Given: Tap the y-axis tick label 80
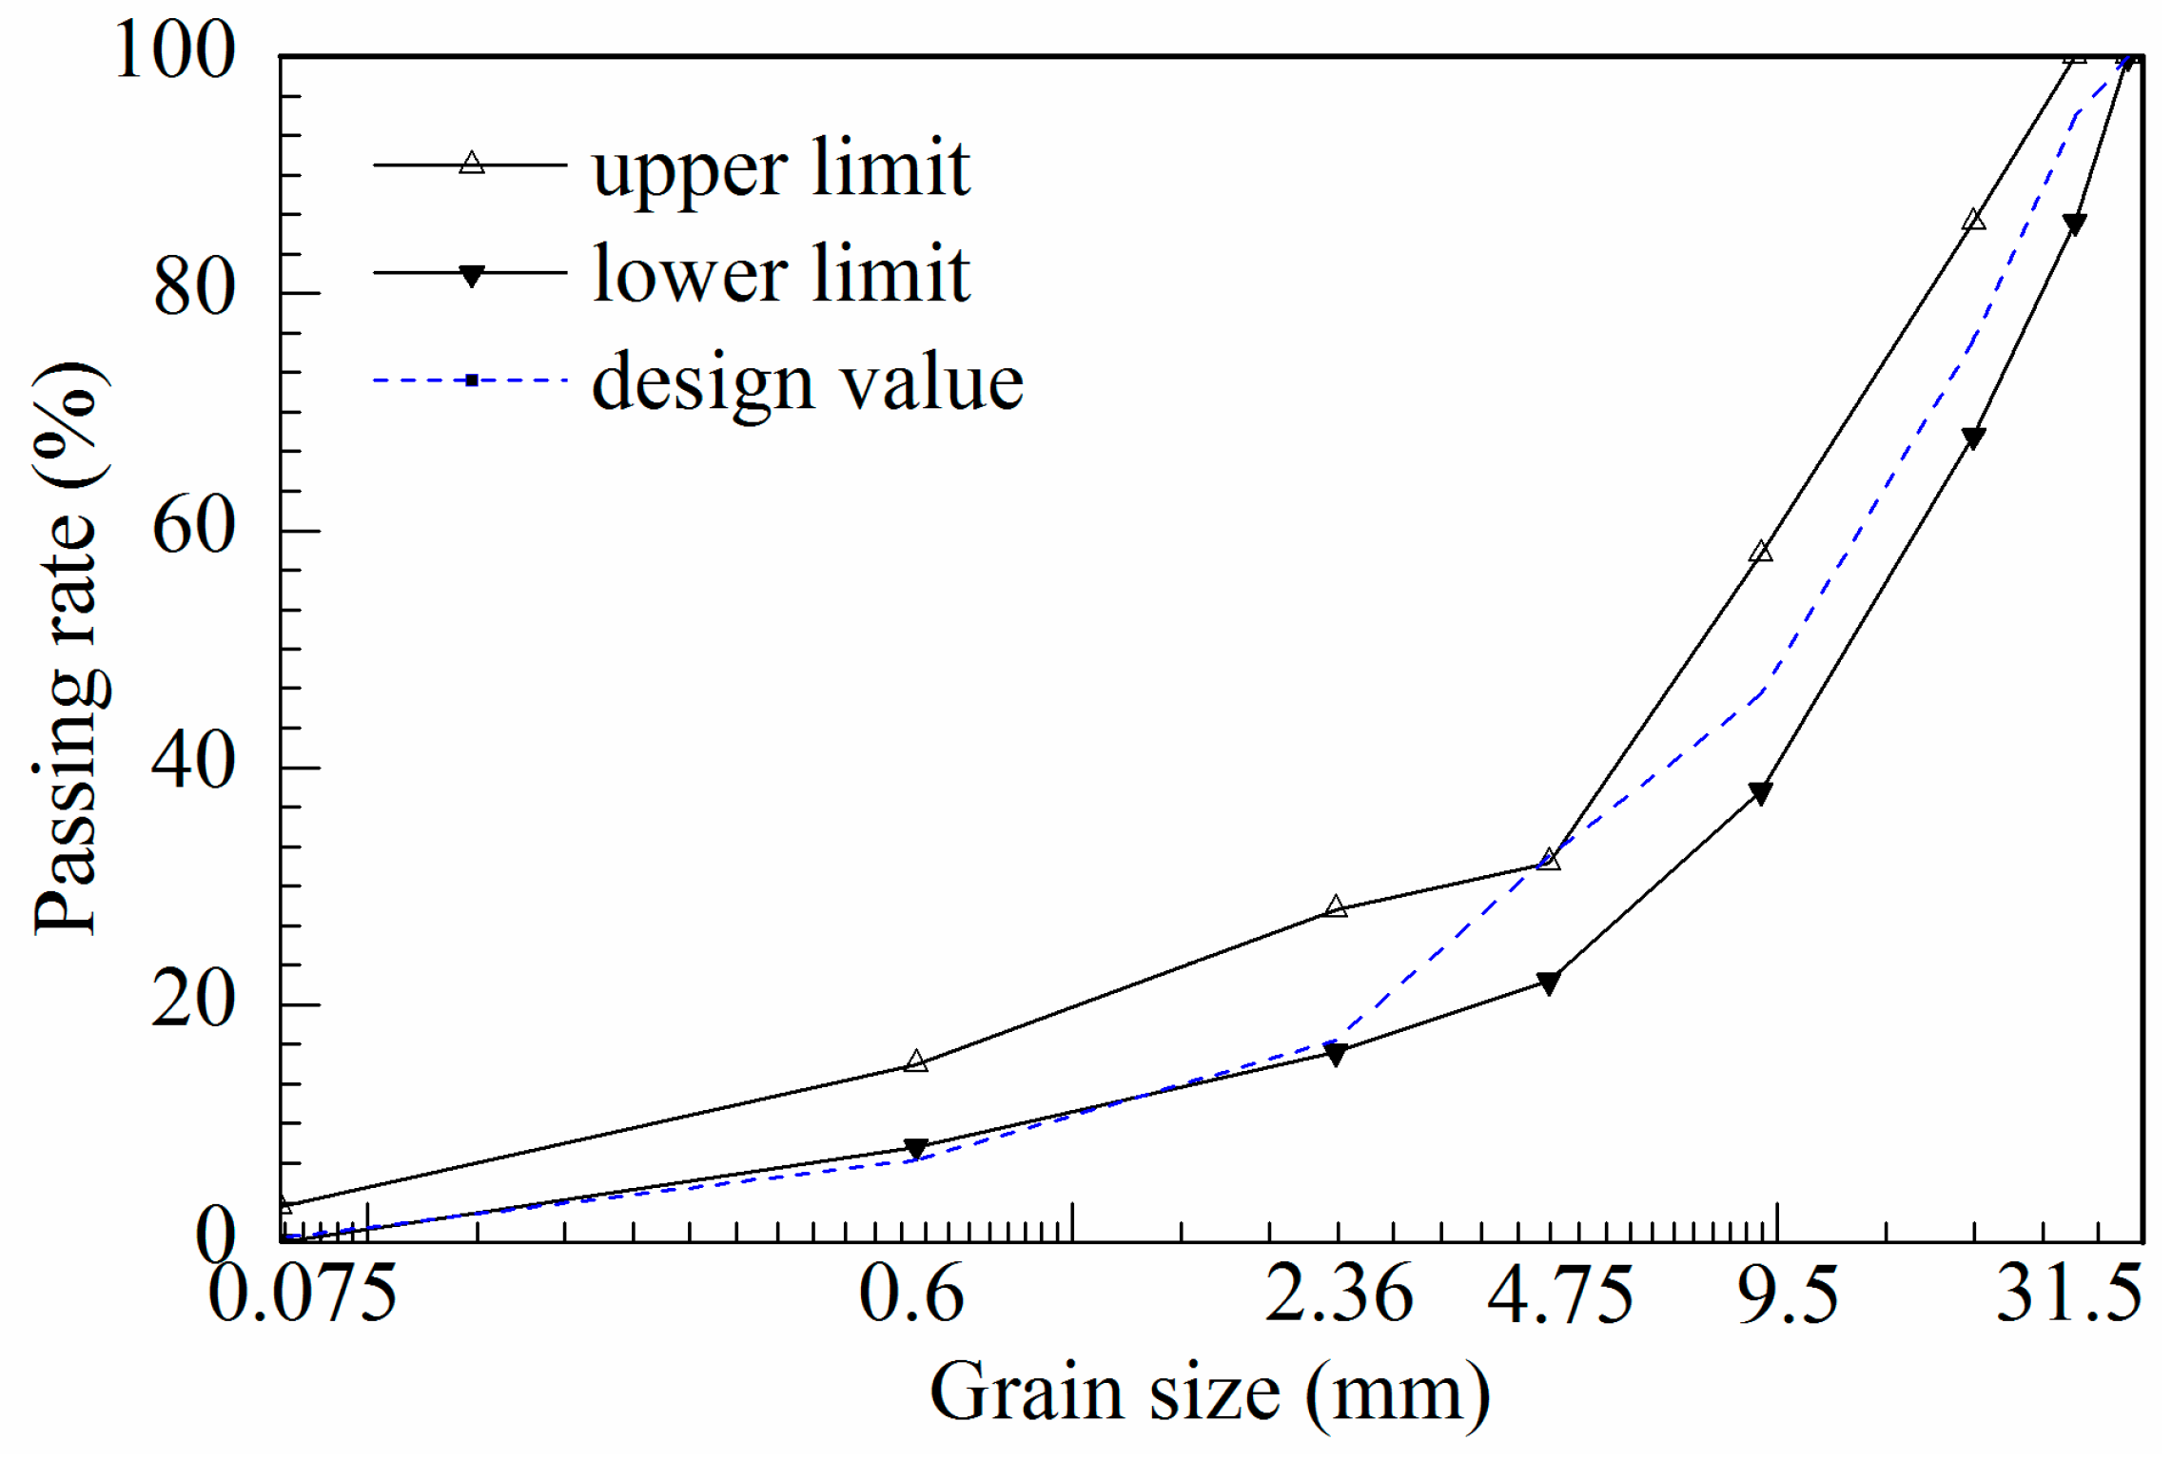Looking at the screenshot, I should tap(194, 288).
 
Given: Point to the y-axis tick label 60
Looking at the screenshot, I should tap(194, 527).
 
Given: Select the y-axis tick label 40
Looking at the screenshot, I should tap(194, 763).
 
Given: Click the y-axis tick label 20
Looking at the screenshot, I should tap(194, 1001).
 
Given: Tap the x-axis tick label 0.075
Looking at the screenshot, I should tap(302, 1295).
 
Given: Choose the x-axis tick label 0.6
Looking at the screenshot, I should tap(911, 1295).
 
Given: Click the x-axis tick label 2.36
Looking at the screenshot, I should tap(1340, 1295).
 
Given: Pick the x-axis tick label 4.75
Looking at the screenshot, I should tap(1560, 1295).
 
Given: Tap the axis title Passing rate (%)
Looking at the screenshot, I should tap(71, 648).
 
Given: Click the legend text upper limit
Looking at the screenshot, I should tap(780, 168).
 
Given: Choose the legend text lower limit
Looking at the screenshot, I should tap(780, 275).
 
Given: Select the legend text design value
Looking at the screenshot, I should tap(807, 382).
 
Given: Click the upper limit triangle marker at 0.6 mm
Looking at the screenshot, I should tap(915, 1061).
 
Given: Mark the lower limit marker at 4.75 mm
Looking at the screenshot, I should tap(1548, 983).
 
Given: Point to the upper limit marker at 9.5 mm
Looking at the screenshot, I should tap(1761, 552).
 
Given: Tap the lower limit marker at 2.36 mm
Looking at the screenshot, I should tap(1336, 1054).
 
